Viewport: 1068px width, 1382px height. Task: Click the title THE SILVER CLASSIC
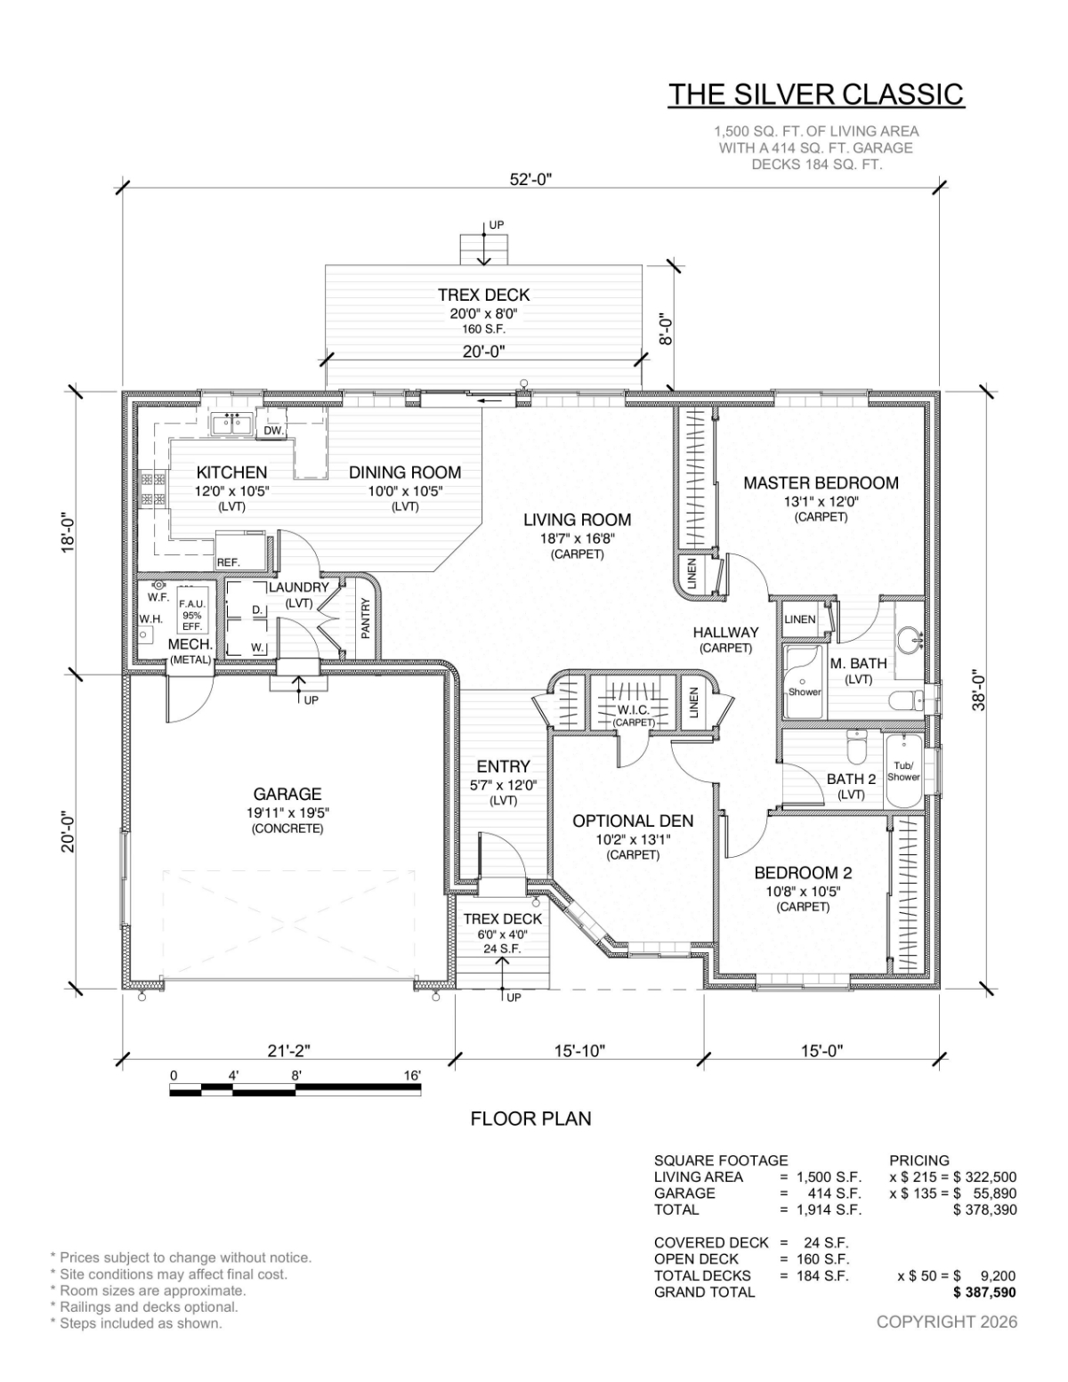coord(816,94)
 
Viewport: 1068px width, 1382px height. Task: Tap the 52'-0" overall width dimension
coord(530,180)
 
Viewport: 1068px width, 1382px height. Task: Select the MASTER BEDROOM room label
coord(821,482)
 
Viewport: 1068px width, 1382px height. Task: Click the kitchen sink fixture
coord(233,424)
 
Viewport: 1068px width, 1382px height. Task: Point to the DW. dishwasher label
coord(273,431)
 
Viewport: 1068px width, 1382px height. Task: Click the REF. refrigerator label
coord(229,562)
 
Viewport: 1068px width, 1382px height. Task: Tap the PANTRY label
coord(366,618)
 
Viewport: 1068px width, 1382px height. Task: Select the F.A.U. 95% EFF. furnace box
coord(191,615)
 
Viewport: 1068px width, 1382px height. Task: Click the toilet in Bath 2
coord(857,748)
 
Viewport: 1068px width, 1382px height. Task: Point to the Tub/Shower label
coord(903,772)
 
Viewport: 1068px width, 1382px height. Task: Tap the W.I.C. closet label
coord(633,710)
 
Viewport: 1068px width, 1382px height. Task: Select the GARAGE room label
coord(287,794)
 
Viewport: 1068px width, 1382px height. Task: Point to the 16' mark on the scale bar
coord(412,1076)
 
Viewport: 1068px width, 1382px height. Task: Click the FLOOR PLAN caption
coord(530,1119)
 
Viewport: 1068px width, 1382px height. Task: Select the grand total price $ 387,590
coord(984,1292)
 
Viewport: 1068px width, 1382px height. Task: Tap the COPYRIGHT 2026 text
coord(947,1321)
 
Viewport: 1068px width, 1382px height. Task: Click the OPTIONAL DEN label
coord(633,821)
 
